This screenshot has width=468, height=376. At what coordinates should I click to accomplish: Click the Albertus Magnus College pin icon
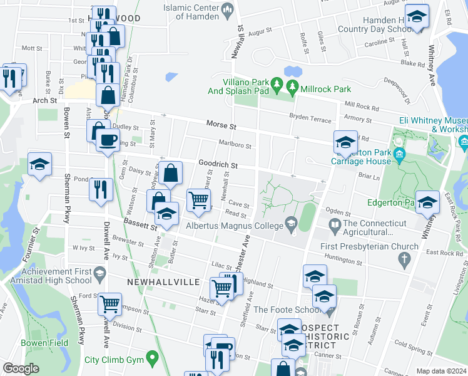click(x=291, y=222)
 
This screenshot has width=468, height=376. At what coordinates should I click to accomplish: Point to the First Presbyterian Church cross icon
click(x=405, y=258)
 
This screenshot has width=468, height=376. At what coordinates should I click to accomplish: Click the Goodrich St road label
click(x=219, y=165)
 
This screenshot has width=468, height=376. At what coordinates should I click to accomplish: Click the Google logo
click(x=21, y=368)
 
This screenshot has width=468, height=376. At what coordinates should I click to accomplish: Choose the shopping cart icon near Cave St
click(x=198, y=200)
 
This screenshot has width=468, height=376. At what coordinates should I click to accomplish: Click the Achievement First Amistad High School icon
click(x=99, y=273)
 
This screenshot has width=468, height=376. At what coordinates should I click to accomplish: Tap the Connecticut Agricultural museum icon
click(x=334, y=224)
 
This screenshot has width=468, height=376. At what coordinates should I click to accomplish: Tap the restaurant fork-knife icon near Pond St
click(x=101, y=189)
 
